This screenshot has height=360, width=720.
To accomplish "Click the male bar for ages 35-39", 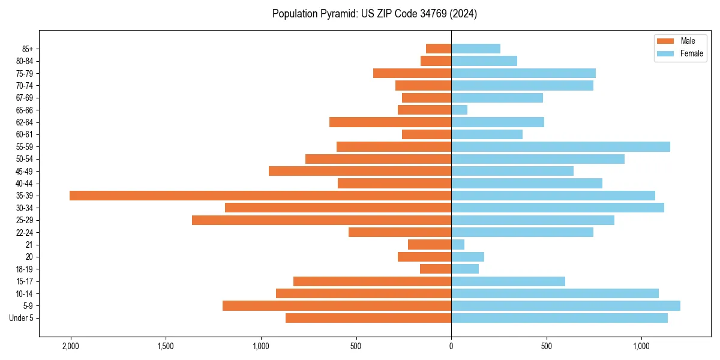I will (260, 196).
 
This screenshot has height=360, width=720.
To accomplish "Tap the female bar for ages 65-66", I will (459, 110).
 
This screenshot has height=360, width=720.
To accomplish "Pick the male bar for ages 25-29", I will (322, 220).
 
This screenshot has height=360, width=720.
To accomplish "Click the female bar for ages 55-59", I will (560, 147).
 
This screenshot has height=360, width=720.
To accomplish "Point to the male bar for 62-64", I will (390, 122).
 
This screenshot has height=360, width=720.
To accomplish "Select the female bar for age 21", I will (458, 245).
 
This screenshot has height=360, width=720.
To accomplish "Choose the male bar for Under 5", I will (368, 318).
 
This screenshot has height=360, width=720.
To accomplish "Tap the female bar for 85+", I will (476, 49).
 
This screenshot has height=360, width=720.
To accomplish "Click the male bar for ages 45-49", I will (360, 171).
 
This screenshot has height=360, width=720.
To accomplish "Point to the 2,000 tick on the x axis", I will (71, 346).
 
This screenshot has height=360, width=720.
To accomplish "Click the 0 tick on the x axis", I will (451, 346).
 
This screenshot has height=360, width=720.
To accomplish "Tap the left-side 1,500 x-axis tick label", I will (166, 346).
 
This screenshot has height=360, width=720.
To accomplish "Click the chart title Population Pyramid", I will (374, 14).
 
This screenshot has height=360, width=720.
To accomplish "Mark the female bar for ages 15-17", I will (508, 281).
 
